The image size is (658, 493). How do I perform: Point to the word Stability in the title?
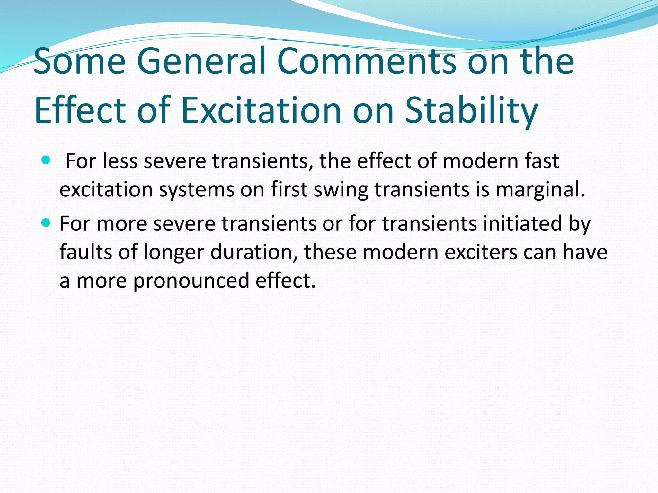click(471, 111)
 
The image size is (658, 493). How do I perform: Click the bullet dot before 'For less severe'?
click(46, 160)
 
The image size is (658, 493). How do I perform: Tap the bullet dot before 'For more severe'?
click(46, 222)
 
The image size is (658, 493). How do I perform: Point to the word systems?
click(197, 189)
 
